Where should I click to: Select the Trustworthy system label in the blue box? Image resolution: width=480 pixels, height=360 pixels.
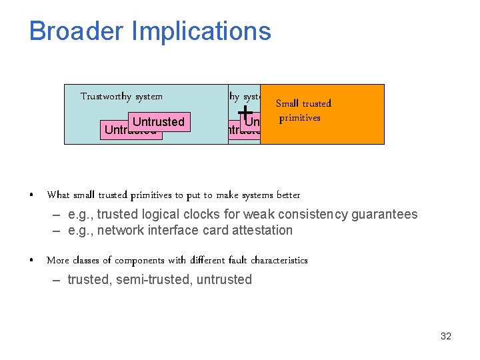tap(121, 97)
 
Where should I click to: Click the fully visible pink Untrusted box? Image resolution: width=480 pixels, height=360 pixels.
tap(159, 121)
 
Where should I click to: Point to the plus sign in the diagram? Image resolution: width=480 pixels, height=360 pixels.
tap(245, 111)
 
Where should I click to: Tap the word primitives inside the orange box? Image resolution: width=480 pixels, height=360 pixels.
tap(300, 118)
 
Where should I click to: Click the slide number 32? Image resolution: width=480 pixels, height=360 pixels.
tap(446, 336)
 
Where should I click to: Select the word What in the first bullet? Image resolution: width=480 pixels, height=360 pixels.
tap(58, 195)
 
